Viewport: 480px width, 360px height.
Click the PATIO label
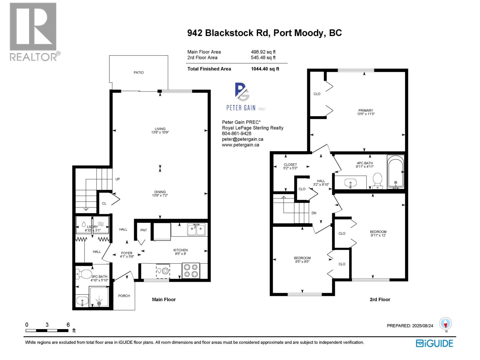tap(139, 73)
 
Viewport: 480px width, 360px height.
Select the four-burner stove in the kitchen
tap(191, 270)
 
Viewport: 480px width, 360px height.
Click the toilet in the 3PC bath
tap(84, 274)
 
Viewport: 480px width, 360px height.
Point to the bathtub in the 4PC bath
tap(395, 172)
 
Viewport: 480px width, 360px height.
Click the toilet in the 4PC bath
tap(377, 180)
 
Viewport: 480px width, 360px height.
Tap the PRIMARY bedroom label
tap(366, 110)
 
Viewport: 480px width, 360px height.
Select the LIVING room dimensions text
tap(160, 132)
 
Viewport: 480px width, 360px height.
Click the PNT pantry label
tap(144, 230)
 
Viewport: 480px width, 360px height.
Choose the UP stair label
tap(118, 179)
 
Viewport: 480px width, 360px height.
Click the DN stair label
tap(314, 213)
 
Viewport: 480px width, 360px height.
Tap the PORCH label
tap(124, 296)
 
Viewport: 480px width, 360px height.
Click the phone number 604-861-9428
tap(236, 133)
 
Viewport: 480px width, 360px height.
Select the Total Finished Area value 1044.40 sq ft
tap(265, 69)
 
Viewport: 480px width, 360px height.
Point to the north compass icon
tap(445, 324)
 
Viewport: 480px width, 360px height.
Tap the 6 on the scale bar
tap(68, 325)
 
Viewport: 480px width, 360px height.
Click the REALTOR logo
tap(34, 32)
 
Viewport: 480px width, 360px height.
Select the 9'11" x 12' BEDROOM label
tap(378, 233)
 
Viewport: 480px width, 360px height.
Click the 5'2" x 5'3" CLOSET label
tap(290, 166)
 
